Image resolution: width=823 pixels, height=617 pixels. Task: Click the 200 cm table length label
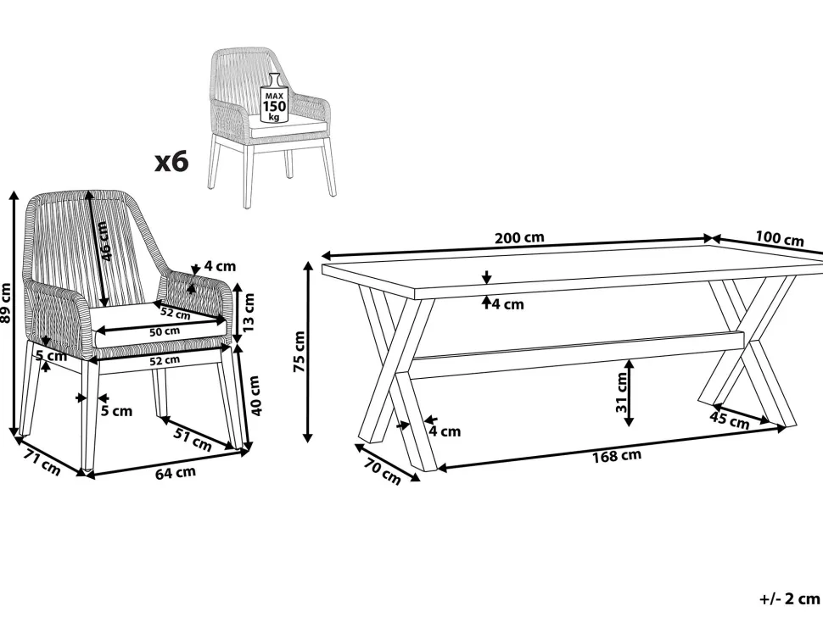(519, 238)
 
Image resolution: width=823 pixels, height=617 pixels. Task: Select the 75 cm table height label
(300, 351)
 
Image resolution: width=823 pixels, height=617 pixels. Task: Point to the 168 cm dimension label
(617, 456)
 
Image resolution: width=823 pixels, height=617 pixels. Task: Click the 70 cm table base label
(382, 472)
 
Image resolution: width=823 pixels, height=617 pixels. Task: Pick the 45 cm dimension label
(730, 420)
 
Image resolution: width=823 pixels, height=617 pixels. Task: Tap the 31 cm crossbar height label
(621, 392)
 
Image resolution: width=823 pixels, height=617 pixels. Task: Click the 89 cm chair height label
(5, 303)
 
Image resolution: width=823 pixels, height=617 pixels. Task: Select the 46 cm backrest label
(104, 242)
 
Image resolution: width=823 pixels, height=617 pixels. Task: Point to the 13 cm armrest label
(248, 313)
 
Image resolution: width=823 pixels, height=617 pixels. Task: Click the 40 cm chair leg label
(255, 396)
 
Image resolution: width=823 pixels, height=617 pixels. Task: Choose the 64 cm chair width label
(176, 473)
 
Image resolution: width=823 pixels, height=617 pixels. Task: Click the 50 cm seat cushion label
(165, 331)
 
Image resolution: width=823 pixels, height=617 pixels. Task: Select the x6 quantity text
(171, 162)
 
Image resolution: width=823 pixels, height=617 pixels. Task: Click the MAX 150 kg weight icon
(275, 98)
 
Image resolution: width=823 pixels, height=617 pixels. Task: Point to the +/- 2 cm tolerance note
(790, 598)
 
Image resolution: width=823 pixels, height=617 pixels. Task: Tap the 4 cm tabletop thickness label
(507, 304)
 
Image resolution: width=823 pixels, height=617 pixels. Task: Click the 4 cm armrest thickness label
(220, 266)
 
